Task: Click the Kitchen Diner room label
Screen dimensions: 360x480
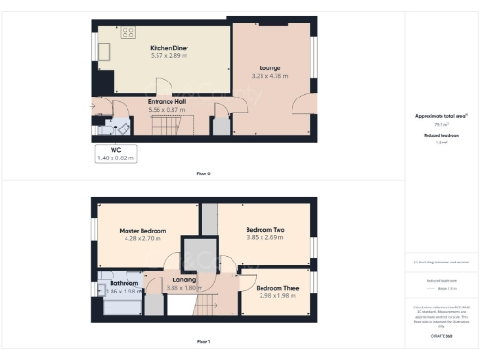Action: [x=169, y=48]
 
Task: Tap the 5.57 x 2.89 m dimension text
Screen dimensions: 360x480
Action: [x=169, y=56]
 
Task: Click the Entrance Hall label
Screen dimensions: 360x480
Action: [x=169, y=100]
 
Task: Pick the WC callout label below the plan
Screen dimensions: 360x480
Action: [x=116, y=150]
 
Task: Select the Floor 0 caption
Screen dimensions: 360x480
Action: [x=203, y=174]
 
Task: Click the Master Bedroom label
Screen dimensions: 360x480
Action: [x=142, y=231]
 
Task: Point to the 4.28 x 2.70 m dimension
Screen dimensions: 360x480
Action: [x=142, y=239]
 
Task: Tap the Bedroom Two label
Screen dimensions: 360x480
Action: [x=265, y=230]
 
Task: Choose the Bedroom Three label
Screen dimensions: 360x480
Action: [x=278, y=288]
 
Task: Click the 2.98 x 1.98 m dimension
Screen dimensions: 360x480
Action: [x=278, y=296]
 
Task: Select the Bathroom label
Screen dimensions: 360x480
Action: [x=124, y=282]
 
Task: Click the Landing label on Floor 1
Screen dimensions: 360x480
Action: [x=185, y=278]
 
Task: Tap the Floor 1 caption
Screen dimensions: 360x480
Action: [x=203, y=342]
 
